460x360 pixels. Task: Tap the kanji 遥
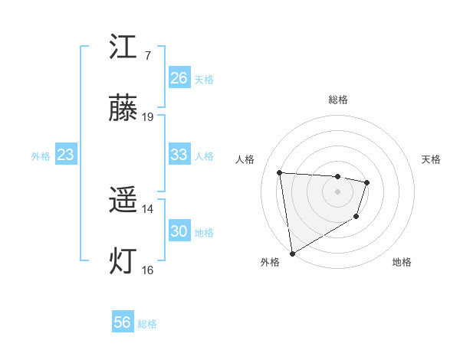pos(123,201)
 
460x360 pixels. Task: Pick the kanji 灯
pos(123,262)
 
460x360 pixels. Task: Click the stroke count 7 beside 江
pos(147,55)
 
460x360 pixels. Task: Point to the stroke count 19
pos(148,117)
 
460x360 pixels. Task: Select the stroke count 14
pos(148,208)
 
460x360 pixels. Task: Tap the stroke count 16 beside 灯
pos(148,270)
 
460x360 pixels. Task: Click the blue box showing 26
pos(179,78)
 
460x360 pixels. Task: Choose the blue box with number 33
pos(179,155)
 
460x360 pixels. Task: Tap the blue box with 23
pos(66,155)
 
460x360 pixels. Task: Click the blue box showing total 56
pos(123,322)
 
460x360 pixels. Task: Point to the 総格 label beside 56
pos(147,324)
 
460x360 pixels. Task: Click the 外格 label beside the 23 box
pos(41,156)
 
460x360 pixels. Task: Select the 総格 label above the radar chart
pos(338,100)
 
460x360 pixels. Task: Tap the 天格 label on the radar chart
pos(432,159)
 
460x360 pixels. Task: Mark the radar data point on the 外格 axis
pos(292,253)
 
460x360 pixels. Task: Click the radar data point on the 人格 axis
pos(280,172)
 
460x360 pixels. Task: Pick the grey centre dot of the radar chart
pos(337,191)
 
